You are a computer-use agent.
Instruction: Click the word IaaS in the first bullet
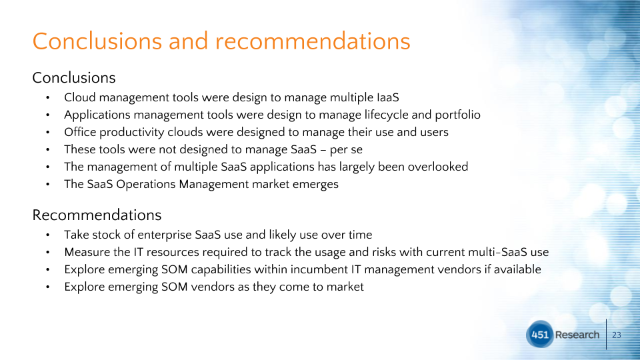pyautogui.click(x=388, y=97)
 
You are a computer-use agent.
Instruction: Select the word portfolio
pyautogui.click(x=457, y=115)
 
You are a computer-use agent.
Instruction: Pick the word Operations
pyautogui.click(x=146, y=185)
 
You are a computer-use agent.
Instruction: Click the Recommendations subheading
pyautogui.click(x=97, y=215)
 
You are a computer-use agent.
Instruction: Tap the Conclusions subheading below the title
pyautogui.click(x=74, y=77)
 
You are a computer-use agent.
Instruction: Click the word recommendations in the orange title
pyautogui.click(x=313, y=41)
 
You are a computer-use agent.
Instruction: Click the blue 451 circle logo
pyautogui.click(x=539, y=334)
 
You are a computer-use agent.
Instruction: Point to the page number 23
pyautogui.click(x=617, y=335)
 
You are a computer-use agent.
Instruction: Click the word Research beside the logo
pyautogui.click(x=577, y=335)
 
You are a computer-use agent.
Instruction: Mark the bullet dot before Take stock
pyautogui.click(x=48, y=235)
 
